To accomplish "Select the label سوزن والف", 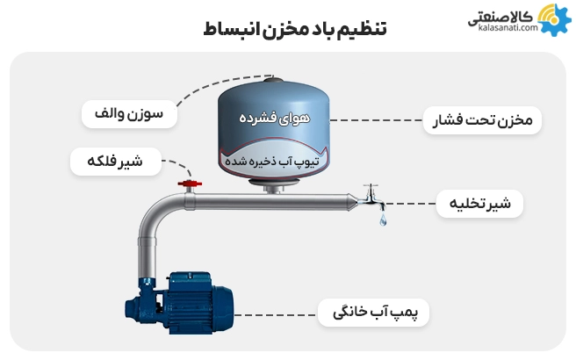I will pyautogui.click(x=129, y=114).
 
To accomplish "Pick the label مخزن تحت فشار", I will pyautogui.click(x=482, y=119).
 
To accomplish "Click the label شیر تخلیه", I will pyautogui.click(x=481, y=205).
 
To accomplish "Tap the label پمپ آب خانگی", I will pyautogui.click(x=374, y=313).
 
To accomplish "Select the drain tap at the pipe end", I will pyautogui.click(x=370, y=198).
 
